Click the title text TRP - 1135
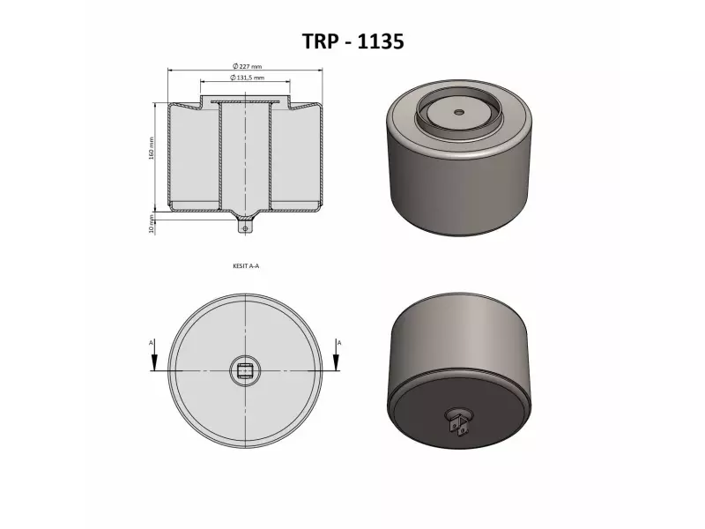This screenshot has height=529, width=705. click(x=352, y=41)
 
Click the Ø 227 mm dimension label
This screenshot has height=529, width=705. click(x=248, y=66)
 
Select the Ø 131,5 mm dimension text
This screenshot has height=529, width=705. click(x=248, y=78)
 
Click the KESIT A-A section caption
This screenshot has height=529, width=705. click(x=246, y=264)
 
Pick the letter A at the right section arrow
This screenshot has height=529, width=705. click(x=339, y=341)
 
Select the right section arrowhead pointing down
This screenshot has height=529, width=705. click(x=337, y=362)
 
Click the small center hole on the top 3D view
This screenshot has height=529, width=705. click(x=458, y=112)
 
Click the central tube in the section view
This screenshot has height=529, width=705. click(x=244, y=154)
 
